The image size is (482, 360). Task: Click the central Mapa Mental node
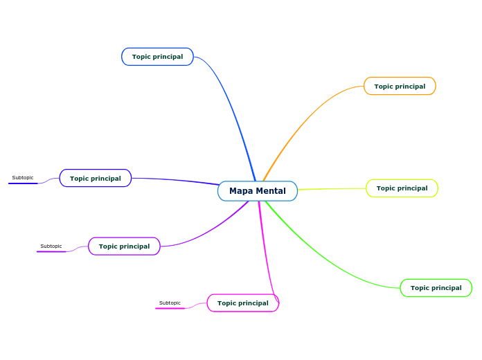(x=258, y=191)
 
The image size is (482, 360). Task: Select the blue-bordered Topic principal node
(x=157, y=57)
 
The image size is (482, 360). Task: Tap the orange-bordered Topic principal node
(x=400, y=87)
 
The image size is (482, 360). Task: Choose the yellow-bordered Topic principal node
(x=402, y=188)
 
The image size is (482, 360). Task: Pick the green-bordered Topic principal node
(x=436, y=288)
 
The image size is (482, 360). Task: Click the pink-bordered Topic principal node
(x=242, y=303)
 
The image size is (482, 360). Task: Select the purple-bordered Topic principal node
(x=124, y=246)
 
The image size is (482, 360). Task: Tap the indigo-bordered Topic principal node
(x=95, y=179)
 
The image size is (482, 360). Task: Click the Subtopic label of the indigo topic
(x=23, y=178)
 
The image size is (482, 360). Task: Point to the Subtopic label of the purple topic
(x=51, y=246)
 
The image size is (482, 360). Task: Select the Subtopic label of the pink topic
(x=170, y=303)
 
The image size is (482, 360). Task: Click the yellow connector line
(x=332, y=188)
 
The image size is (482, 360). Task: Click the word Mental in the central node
(x=271, y=191)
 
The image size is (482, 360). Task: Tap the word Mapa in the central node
(x=241, y=191)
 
